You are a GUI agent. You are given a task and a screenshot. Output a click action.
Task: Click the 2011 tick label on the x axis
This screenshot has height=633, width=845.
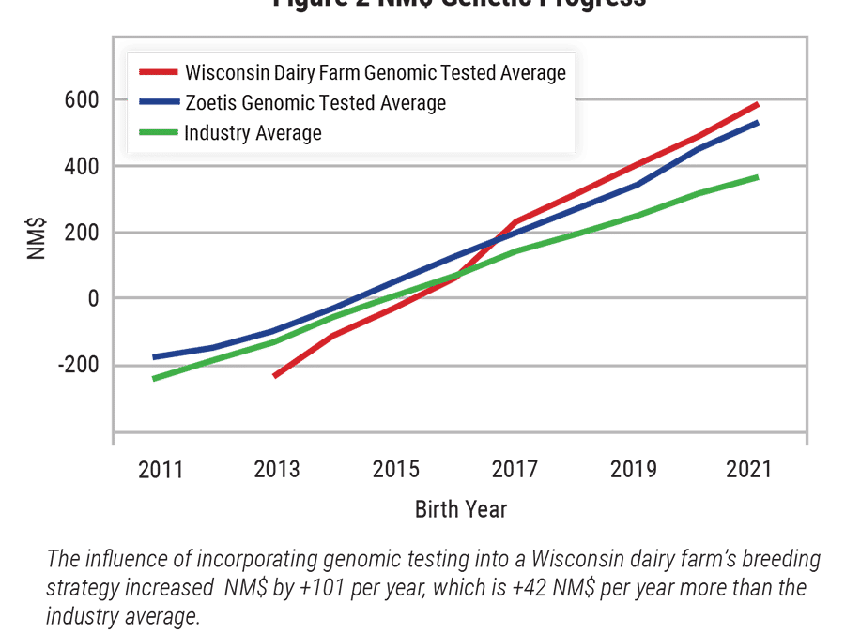(161, 470)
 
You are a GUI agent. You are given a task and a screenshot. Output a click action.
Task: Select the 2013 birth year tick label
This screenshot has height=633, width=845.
(278, 470)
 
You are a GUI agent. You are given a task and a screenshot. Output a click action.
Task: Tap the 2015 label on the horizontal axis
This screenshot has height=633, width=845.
(395, 470)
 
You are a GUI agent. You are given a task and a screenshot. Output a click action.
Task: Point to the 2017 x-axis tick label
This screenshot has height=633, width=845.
(513, 470)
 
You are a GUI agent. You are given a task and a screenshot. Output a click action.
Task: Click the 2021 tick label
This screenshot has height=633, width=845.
(747, 470)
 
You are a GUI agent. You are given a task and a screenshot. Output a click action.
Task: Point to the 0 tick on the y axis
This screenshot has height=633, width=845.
(94, 299)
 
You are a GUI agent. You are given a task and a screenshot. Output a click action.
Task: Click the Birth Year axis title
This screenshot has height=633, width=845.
(461, 510)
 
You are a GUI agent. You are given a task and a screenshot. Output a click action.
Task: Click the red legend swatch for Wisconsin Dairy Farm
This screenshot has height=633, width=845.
(157, 72)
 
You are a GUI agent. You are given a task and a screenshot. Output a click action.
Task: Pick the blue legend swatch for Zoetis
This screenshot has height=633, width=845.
(157, 102)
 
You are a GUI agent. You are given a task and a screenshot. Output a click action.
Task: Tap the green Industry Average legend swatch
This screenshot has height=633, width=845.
(157, 132)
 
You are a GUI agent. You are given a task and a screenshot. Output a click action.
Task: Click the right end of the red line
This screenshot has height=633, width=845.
(757, 104)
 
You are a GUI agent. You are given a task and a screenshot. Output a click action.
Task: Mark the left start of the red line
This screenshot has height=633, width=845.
(274, 376)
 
